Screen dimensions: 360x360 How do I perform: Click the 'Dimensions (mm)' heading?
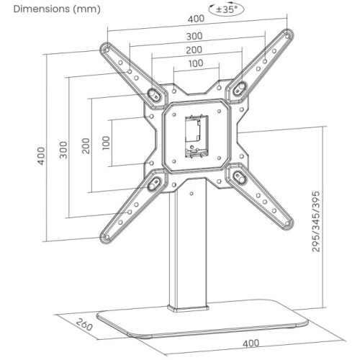click(57, 9)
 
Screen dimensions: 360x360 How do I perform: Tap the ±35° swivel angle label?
click(227, 9)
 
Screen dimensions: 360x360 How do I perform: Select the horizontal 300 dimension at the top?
click(194, 36)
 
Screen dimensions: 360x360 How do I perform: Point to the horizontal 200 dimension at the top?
click(194, 50)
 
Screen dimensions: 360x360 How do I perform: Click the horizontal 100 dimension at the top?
click(196, 63)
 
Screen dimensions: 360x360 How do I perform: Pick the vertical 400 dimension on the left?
click(41, 156)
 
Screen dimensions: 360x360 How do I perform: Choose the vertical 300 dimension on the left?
click(63, 150)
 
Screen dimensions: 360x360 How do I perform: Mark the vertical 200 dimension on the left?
click(86, 145)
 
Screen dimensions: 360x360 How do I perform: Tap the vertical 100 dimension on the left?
click(106, 143)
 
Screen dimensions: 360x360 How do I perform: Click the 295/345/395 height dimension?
click(316, 222)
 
